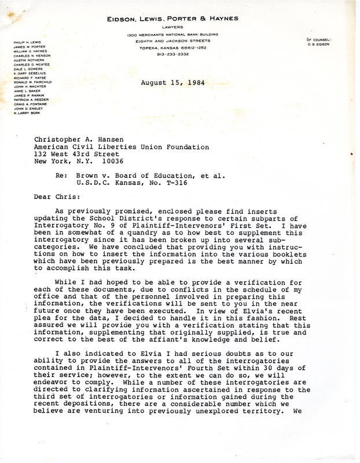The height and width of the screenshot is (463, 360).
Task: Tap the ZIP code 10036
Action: coord(136,160)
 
